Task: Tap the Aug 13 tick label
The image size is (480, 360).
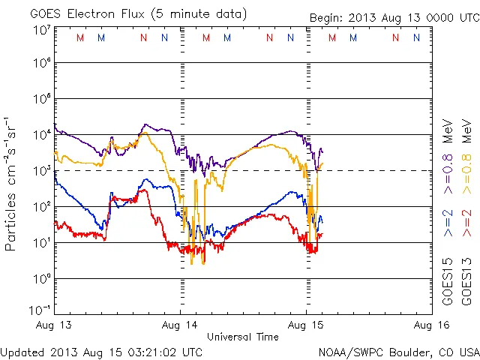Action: coord(54,325)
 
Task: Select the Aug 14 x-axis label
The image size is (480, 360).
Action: coord(181,325)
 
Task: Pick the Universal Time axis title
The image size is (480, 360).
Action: coord(243,337)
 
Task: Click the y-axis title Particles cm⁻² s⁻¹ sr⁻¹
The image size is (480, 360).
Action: coord(12,183)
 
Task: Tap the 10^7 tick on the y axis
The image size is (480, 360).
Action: coord(41,30)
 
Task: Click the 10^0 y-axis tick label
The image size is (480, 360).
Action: coord(41,279)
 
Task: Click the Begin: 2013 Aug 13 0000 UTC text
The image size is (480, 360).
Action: coord(394,16)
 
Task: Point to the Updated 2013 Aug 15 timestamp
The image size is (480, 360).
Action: coord(101,351)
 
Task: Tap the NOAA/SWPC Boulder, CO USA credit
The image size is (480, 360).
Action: coord(398,351)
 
